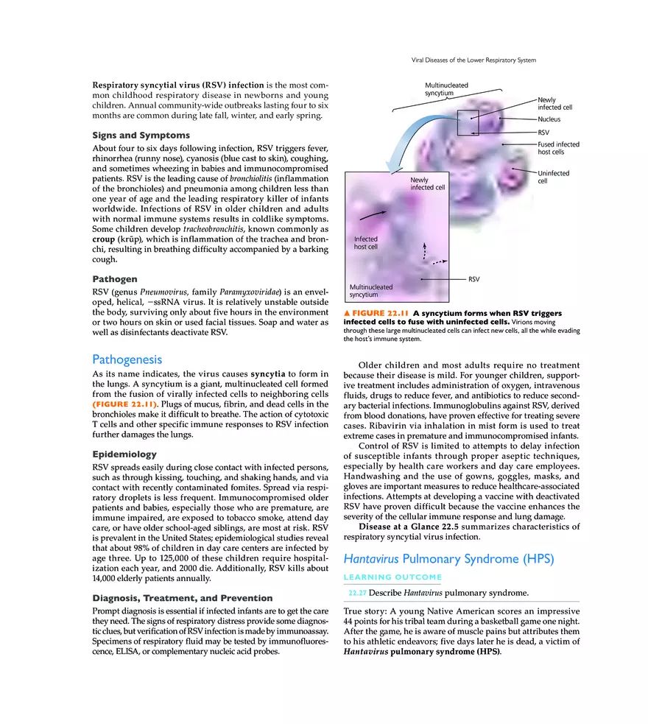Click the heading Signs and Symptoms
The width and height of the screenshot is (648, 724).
(141, 136)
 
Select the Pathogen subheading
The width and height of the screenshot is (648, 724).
(114, 280)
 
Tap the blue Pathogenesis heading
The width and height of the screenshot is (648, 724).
(127, 359)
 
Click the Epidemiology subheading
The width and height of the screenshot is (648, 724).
(124, 454)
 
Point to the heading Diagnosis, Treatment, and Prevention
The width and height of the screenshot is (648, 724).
(182, 598)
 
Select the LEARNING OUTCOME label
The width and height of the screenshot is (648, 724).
(392, 577)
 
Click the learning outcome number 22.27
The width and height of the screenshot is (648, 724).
(356, 593)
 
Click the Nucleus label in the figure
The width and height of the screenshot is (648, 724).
(549, 119)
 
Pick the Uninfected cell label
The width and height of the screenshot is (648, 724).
(553, 178)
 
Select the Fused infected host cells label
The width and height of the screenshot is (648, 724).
(558, 148)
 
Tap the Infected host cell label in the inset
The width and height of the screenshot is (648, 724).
(366, 243)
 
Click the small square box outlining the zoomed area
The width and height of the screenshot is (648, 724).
(468, 123)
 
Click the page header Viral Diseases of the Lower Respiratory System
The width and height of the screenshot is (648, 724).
(473, 60)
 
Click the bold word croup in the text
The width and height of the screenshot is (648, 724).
(103, 239)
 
